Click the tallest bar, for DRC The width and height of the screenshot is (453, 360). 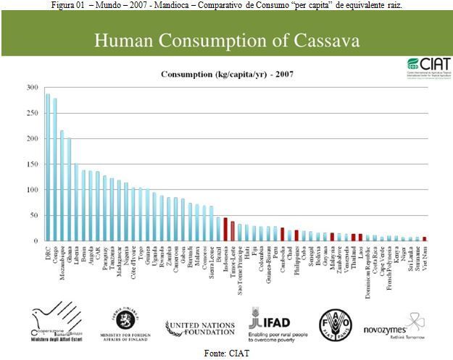click(x=48, y=167)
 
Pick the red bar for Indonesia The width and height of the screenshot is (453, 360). click(x=225, y=229)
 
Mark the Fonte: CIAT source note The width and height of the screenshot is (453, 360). click(x=226, y=353)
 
